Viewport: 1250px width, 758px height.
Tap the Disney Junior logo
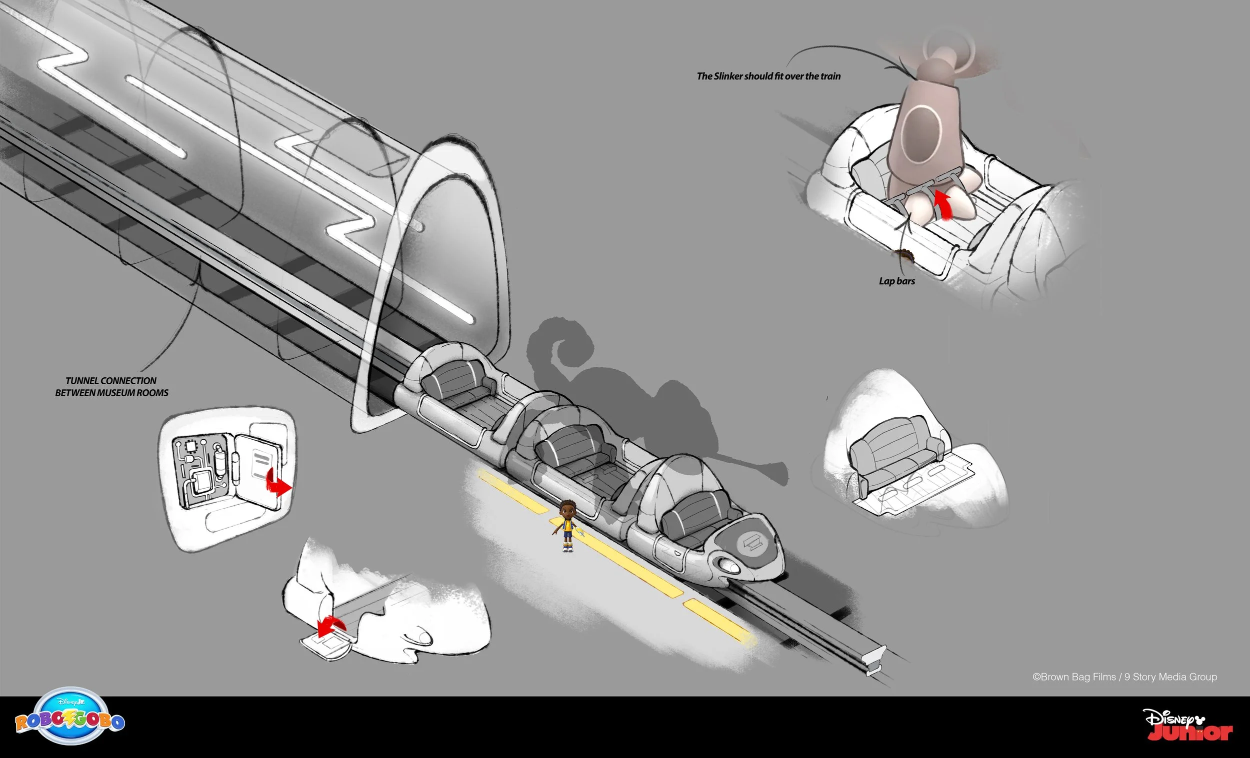coord(1187,725)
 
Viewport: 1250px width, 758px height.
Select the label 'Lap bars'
coord(897,281)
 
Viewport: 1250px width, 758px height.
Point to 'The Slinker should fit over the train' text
coord(768,76)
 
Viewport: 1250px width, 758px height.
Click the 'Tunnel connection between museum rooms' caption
coord(111,386)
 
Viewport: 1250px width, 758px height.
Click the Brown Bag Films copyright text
coord(1124,677)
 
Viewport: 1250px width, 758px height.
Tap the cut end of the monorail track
coord(876,660)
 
